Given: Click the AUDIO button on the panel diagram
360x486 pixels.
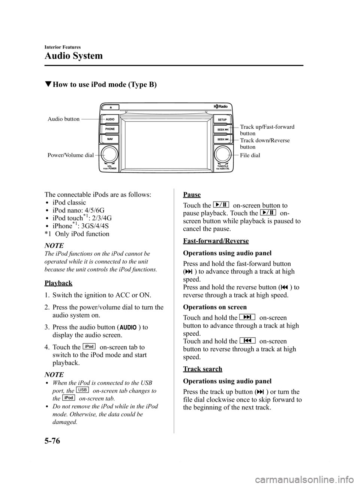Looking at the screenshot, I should [110, 119].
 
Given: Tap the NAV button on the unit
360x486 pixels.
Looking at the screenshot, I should [110, 139].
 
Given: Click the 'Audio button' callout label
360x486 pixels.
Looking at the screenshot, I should [63, 119].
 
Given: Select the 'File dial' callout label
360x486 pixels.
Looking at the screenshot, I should [250, 155].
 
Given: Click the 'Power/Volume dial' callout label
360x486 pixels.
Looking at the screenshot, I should [70, 155].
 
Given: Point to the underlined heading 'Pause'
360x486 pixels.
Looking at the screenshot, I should [192, 194].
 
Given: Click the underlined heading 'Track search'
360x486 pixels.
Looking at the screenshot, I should [202, 369].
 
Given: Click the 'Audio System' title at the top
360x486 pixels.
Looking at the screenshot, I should [73, 56].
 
